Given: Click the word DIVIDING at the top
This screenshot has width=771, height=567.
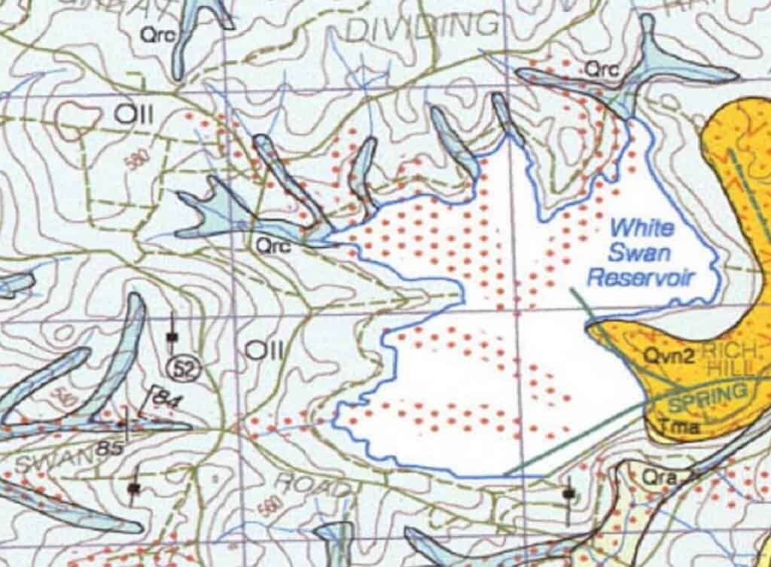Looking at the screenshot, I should click(x=424, y=27).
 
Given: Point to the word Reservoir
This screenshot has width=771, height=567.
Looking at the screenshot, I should click(x=651, y=277).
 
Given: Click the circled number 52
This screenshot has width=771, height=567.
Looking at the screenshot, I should click(x=181, y=368).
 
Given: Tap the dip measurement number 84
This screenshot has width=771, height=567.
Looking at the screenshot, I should click(x=160, y=400).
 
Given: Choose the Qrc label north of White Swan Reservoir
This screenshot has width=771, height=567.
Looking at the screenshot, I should click(x=602, y=69).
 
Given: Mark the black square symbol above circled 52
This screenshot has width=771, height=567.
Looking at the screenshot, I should click(x=172, y=337).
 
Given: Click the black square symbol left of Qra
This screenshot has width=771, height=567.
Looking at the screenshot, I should click(x=568, y=493).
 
